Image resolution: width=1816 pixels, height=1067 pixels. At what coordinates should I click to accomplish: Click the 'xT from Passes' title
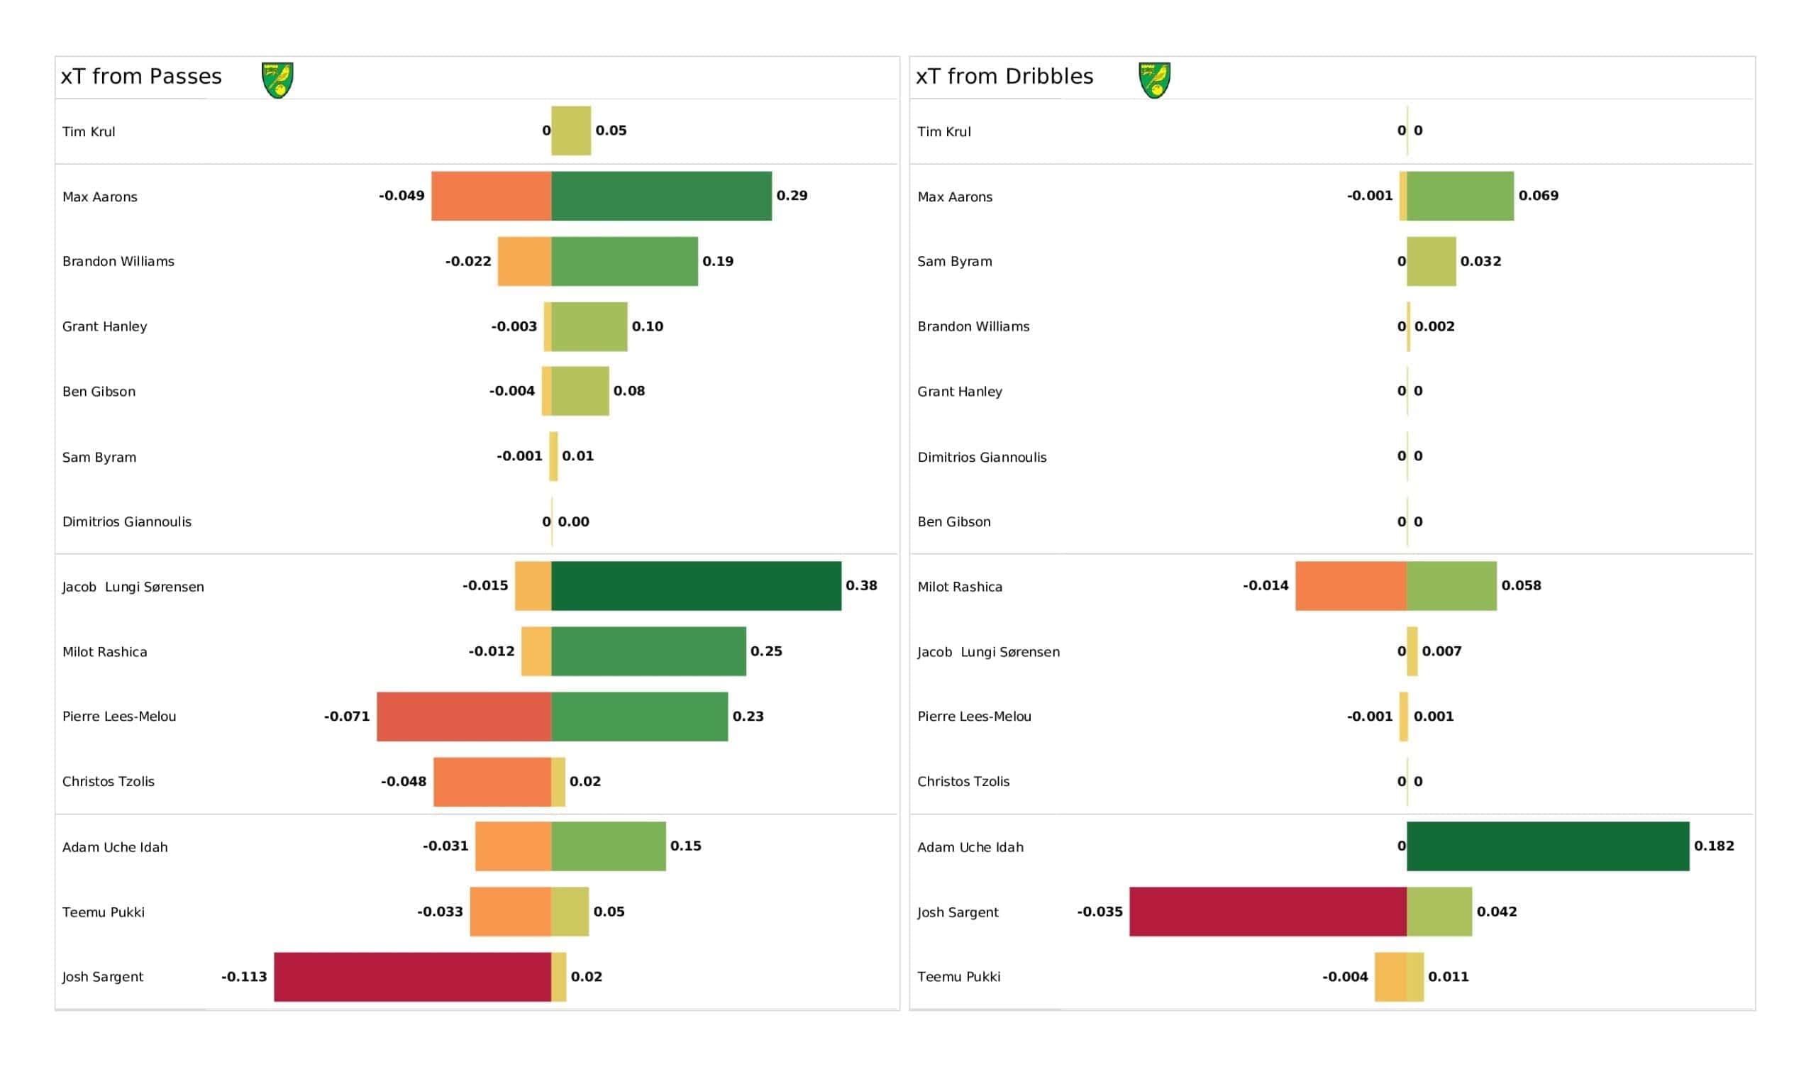(141, 77)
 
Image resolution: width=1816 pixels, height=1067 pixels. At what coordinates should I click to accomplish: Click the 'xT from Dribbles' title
(1004, 77)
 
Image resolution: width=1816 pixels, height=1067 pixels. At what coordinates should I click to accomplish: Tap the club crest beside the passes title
(277, 80)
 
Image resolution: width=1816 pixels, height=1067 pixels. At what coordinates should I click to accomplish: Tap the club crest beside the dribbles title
(1154, 80)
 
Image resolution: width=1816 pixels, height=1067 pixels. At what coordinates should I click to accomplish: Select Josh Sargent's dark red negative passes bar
(412, 977)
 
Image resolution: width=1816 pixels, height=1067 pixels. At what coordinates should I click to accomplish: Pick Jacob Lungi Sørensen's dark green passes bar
(696, 586)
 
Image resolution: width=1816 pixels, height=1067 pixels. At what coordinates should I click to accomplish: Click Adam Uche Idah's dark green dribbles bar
(1548, 846)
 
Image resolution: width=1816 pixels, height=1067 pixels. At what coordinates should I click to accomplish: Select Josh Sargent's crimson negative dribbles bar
(1268, 912)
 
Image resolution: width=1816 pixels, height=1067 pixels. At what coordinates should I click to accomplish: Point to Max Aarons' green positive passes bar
(662, 196)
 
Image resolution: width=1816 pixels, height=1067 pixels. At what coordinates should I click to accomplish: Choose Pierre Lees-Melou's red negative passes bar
(464, 717)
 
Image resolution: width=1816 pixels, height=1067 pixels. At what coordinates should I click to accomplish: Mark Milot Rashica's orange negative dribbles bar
(1351, 586)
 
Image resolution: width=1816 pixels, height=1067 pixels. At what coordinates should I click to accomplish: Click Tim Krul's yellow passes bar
(572, 131)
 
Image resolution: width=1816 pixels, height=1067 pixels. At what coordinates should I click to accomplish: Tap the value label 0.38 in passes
(862, 585)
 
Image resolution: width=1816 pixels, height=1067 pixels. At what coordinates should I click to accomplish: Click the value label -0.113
(244, 976)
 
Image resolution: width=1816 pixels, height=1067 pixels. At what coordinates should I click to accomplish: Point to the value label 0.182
(1715, 846)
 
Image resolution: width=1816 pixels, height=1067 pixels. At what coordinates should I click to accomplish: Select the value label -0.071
(347, 716)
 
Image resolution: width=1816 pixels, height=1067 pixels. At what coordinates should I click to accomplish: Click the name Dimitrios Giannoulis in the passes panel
(127, 522)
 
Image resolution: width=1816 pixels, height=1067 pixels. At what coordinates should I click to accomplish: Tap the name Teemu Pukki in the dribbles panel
(958, 977)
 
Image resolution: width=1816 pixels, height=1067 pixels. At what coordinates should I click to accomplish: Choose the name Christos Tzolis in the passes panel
(108, 782)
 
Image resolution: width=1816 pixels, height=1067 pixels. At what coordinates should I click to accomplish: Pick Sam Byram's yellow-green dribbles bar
(1432, 261)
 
